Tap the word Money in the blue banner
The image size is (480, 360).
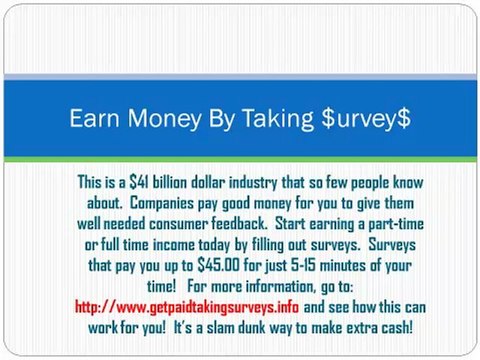[x=159, y=119]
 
